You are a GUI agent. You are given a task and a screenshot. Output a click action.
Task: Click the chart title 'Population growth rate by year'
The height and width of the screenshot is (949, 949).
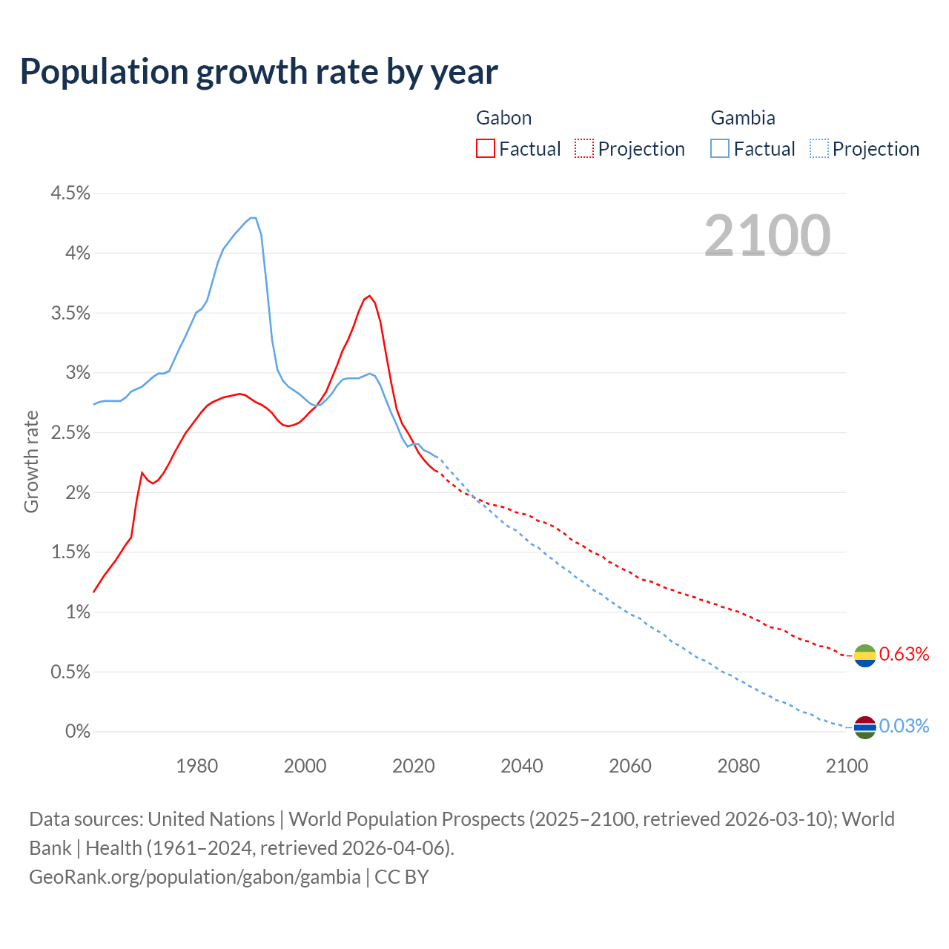coord(259,72)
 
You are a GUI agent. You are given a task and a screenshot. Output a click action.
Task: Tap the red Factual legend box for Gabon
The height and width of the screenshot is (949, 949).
coord(486,148)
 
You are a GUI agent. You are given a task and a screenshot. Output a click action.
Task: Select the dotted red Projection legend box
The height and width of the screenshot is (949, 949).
coord(584,148)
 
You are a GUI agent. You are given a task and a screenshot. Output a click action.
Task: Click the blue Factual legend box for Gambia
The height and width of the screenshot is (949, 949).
coord(720,148)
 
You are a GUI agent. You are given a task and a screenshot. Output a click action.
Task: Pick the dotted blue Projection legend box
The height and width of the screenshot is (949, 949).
coord(819,148)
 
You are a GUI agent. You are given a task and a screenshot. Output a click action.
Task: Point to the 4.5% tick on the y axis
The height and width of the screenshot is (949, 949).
coord(70,194)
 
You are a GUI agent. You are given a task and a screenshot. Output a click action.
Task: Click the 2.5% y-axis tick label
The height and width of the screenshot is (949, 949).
coord(70,433)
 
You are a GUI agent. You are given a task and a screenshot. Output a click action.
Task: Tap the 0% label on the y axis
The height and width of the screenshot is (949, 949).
coord(77,732)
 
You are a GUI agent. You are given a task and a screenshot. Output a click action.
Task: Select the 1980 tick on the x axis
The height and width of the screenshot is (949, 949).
coord(197,766)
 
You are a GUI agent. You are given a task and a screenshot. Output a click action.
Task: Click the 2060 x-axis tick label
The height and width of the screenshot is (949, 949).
coord(630,766)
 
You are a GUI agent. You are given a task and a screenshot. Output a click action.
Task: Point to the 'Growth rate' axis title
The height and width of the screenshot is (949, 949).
coord(31,461)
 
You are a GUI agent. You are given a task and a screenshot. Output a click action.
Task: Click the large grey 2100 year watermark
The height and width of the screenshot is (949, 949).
coord(767,236)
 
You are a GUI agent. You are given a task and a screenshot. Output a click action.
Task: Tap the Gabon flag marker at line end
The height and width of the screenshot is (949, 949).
coord(865,655)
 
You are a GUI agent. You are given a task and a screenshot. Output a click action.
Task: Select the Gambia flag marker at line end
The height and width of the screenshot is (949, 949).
coord(865,727)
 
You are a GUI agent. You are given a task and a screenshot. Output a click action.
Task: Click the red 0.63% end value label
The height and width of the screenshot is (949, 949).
coord(904,654)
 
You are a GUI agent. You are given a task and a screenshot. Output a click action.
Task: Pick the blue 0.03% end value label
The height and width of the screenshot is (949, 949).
coord(904,726)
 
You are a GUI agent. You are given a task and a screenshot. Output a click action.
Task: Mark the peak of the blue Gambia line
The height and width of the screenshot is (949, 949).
coord(253,217)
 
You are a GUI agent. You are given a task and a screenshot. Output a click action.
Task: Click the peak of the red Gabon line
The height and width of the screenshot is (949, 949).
coord(369,296)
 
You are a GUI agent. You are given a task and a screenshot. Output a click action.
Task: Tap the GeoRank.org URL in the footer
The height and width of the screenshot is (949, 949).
coord(195,877)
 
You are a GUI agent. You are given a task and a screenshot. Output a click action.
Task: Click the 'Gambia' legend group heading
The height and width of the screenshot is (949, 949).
coord(743,118)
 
